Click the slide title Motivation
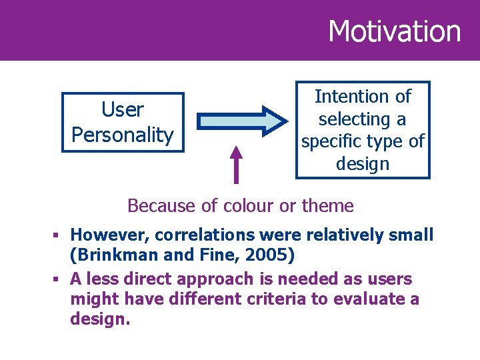click(x=394, y=31)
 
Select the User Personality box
click(x=122, y=123)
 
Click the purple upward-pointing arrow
click(x=235, y=164)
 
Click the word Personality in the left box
click(x=122, y=135)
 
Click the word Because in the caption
click(x=154, y=206)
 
